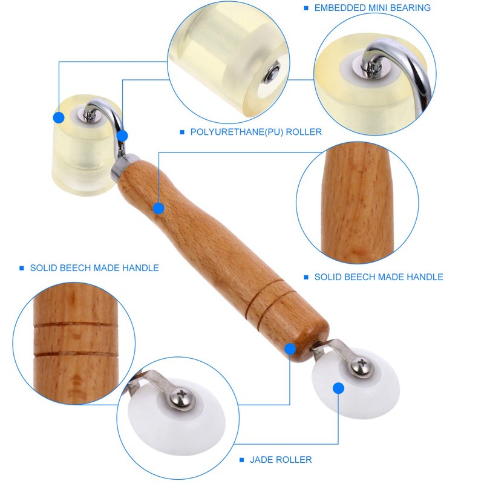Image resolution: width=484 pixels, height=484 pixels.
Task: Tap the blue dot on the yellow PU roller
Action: [59, 117]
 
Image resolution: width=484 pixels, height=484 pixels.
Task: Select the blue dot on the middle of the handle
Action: [159, 209]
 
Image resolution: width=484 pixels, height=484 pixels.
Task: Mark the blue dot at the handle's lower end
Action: [290, 349]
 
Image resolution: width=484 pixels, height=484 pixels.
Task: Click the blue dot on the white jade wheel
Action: [338, 388]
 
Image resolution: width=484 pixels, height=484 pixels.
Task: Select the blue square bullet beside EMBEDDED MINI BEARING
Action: [306, 8]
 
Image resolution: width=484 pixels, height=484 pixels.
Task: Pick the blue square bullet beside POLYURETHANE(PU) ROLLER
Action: [181, 132]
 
